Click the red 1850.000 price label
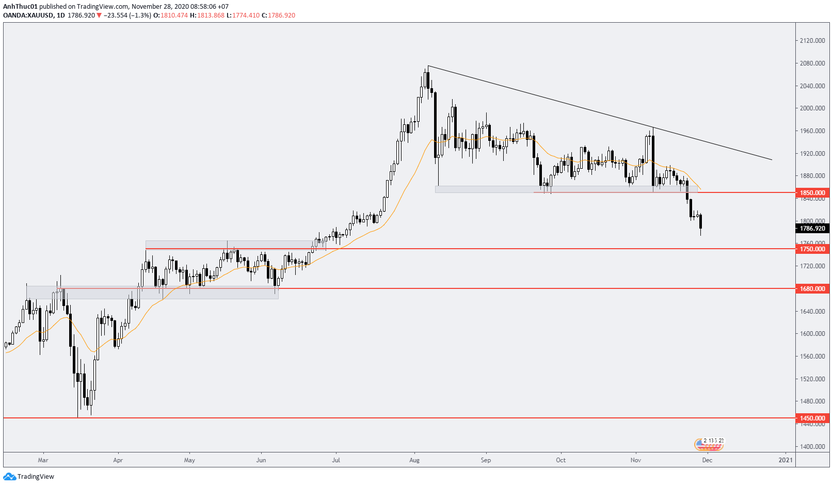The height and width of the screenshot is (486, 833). click(x=812, y=193)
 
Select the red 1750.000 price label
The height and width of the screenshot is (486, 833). click(x=812, y=249)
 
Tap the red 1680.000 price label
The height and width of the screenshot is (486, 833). click(x=812, y=289)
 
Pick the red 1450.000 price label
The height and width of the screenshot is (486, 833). click(x=812, y=418)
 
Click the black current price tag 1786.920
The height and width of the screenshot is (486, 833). click(x=812, y=229)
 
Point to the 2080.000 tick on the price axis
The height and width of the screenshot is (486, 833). click(x=812, y=63)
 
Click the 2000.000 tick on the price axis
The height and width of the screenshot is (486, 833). click(x=812, y=108)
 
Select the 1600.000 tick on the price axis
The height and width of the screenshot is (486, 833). click(x=812, y=334)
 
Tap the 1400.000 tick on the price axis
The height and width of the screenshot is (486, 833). click(x=812, y=447)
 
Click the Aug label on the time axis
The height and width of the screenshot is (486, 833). click(x=414, y=460)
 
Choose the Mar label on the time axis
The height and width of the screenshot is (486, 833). click(x=43, y=460)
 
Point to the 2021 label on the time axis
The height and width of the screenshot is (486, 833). click(x=786, y=460)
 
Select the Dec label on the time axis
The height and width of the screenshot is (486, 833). click(x=707, y=460)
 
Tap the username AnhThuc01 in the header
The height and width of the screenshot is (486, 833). click(x=20, y=7)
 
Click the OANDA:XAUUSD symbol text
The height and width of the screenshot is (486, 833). click(x=28, y=15)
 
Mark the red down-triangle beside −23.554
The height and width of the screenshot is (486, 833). click(x=99, y=15)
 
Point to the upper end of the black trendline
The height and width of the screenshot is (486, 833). click(x=428, y=66)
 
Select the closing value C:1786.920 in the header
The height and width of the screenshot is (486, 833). click(x=278, y=15)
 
